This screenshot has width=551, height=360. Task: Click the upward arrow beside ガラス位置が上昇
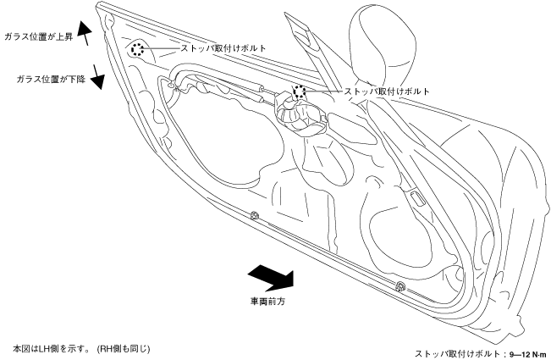coord(83,33)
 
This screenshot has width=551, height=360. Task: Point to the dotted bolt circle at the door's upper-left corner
coord(138,50)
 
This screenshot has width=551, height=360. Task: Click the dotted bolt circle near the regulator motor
coord(299,91)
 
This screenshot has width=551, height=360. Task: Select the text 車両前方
coord(266,300)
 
